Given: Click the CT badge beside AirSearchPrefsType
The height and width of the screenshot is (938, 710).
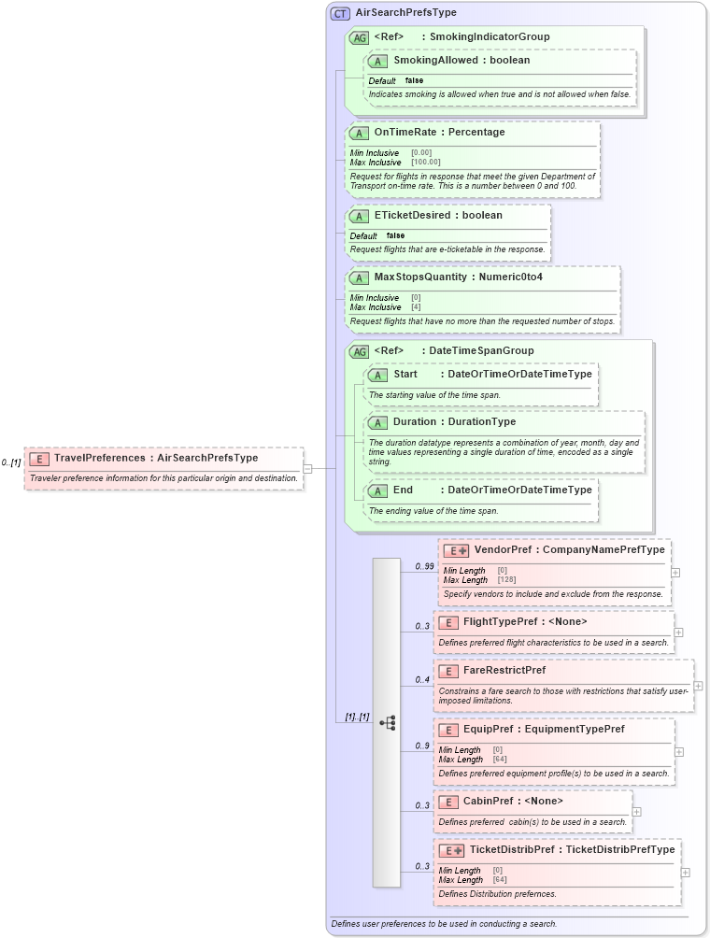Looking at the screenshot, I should coord(341,14).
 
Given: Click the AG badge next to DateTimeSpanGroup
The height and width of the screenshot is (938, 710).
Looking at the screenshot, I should coord(359,352).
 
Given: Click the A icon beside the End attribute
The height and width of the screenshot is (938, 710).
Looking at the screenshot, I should coord(377,490).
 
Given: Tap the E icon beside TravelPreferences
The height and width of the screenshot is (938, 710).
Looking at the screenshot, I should coord(39,459).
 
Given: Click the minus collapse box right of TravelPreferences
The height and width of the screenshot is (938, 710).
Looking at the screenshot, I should coord(307,468).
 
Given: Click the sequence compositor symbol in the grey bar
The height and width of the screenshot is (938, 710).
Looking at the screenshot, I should coord(387,722).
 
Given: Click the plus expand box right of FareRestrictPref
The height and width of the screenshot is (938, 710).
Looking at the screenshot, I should coord(698,686).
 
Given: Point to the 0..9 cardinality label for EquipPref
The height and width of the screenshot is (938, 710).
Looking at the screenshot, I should coord(422,746).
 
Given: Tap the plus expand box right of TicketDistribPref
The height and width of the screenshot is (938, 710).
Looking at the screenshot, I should coord(686,873).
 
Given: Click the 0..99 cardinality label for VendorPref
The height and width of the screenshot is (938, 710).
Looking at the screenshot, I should coord(424,566).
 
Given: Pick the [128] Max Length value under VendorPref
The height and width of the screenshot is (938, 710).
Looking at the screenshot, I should coord(506,580).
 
